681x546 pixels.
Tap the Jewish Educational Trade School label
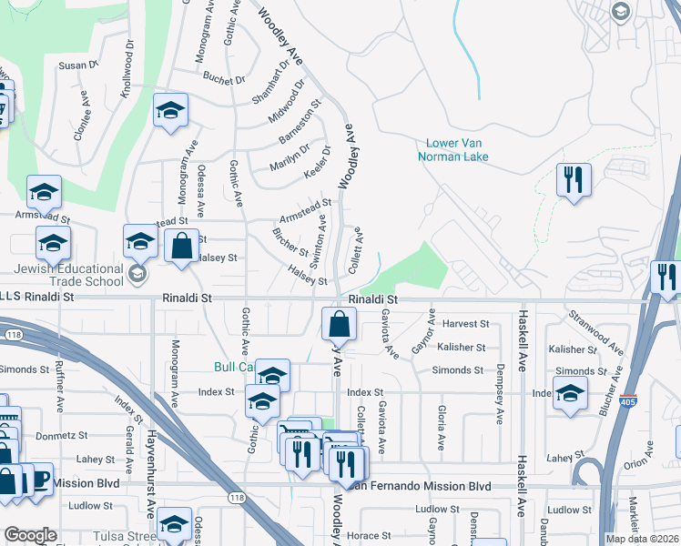(68, 276)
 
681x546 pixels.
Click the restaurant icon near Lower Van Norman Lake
(574, 179)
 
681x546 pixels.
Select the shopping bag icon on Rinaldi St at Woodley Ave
(339, 323)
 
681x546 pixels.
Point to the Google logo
(30, 535)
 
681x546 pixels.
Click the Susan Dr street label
(77, 66)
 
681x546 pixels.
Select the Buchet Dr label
(225, 80)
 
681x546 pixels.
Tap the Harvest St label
(465, 324)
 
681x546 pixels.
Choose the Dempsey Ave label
(500, 394)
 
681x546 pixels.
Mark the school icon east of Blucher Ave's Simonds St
(570, 392)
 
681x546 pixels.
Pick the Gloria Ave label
(441, 429)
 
